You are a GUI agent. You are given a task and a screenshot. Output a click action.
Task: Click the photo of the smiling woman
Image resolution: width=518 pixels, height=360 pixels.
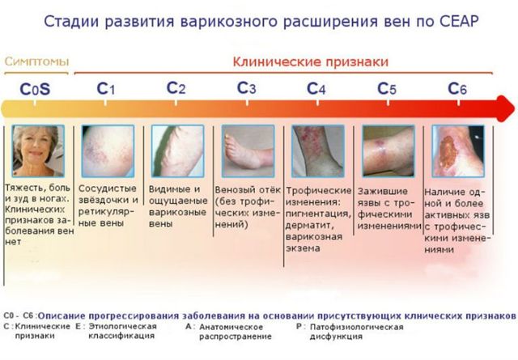[38, 150]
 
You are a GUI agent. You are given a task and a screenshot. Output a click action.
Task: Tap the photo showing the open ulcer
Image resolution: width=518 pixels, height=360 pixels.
[458, 150]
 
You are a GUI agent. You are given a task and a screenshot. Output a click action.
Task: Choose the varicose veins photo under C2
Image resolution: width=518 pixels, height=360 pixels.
[176, 150]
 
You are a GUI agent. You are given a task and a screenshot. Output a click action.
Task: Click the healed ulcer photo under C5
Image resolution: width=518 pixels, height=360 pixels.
[388, 150]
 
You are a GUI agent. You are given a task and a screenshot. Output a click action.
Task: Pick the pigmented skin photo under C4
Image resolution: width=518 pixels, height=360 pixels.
[316, 150]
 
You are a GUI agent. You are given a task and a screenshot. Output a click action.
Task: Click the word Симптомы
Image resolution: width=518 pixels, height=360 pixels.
[36, 61]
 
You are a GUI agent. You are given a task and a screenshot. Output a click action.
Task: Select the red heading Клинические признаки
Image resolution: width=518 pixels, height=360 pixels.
[311, 61]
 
